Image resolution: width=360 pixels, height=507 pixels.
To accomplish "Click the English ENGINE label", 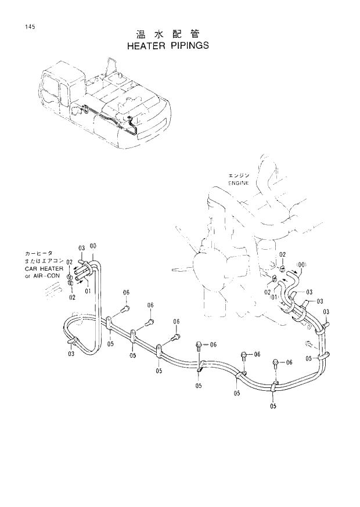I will point(238,182).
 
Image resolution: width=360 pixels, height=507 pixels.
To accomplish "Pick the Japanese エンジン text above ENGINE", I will point(238,175).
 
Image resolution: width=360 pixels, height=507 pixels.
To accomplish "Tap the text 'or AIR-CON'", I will point(38,276).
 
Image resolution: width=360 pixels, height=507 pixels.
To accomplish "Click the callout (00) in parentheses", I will point(300,266).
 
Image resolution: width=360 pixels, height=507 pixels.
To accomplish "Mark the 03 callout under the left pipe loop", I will point(71,354).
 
